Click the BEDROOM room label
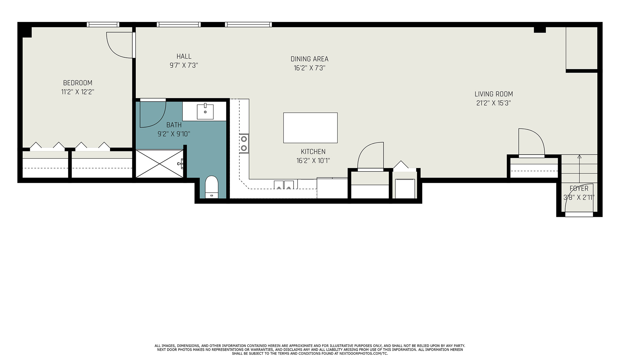[x=77, y=83]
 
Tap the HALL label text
[x=184, y=56]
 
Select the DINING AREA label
[x=309, y=59]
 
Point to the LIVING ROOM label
[x=494, y=94]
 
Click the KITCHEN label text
[x=313, y=152]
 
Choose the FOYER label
[x=579, y=188]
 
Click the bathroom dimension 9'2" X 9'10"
[x=174, y=134]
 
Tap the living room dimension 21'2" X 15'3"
[x=494, y=103]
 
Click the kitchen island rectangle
[x=310, y=128]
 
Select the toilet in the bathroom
[x=212, y=187]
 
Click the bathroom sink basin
[x=205, y=112]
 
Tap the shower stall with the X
[x=160, y=164]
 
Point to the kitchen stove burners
[x=244, y=143]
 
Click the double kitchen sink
[x=284, y=185]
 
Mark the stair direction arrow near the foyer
[x=579, y=169]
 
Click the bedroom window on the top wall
[x=103, y=25]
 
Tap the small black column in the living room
[x=540, y=30]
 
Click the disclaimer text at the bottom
[x=310, y=349]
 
